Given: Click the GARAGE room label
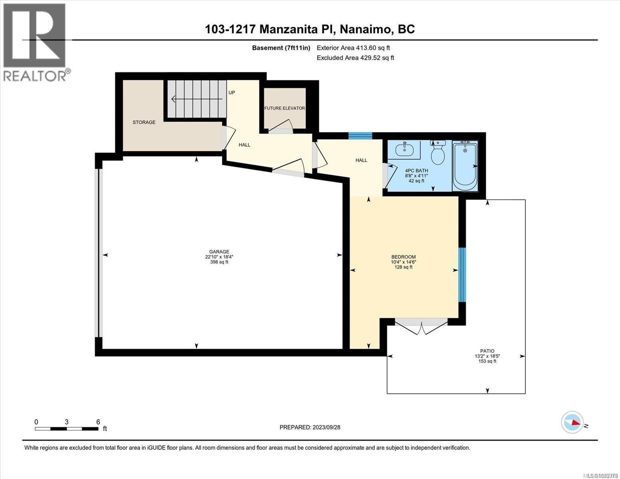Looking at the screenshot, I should click(219, 252).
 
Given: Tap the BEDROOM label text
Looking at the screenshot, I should click(403, 257).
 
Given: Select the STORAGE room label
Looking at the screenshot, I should click(144, 122).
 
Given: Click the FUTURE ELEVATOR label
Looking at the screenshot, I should click(284, 108).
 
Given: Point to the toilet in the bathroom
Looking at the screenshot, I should click(438, 153).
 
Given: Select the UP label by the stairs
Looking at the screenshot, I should click(232, 93).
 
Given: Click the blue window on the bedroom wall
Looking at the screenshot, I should click(462, 275).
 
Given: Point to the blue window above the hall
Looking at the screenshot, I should click(360, 136).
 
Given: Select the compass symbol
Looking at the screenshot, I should click(572, 422).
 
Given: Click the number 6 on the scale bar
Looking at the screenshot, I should click(98, 422).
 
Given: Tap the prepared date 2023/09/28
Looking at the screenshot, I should click(325, 427).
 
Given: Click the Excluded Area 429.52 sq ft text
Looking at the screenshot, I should click(355, 58).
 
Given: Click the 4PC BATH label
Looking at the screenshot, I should click(416, 170).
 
